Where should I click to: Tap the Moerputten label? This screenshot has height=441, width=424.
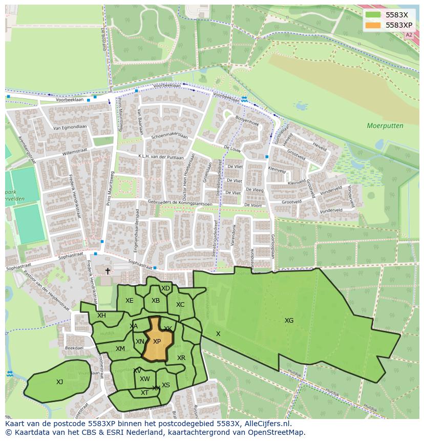(385, 125)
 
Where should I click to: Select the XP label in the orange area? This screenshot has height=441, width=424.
(157, 342)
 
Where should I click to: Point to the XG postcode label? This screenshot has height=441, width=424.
(289, 321)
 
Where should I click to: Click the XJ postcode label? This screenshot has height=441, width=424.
(60, 382)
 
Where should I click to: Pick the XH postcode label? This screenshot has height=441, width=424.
(101, 316)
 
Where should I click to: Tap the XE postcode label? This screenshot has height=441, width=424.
(129, 301)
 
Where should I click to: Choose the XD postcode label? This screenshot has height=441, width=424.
(165, 288)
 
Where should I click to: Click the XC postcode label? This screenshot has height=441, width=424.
(180, 305)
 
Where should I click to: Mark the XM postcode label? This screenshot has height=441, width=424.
(120, 349)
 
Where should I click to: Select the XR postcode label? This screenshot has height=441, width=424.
(181, 358)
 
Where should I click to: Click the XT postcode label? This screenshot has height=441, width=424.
(144, 393)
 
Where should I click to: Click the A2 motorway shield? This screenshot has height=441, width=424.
(408, 35)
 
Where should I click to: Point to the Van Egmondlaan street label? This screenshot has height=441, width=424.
(70, 128)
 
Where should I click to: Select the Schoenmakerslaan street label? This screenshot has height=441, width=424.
(170, 137)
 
